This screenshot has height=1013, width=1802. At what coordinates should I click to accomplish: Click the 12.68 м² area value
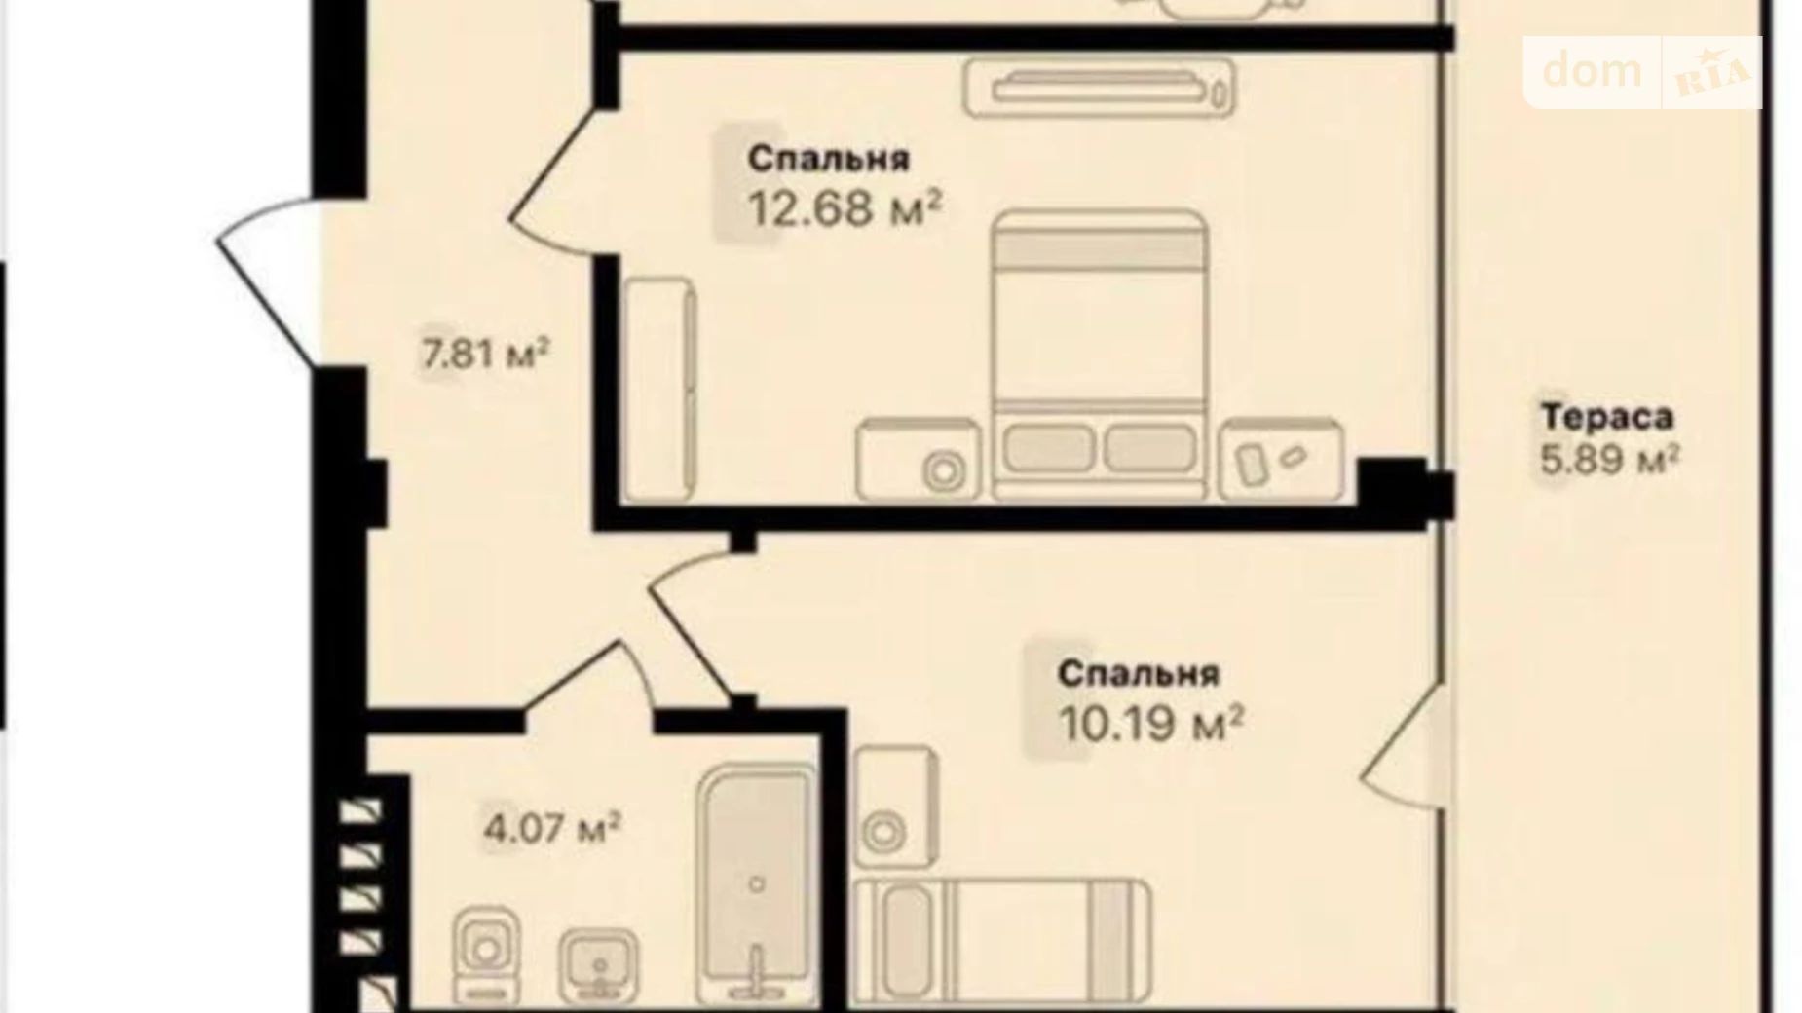coord(845,207)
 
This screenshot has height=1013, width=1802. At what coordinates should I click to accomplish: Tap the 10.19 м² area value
coord(1150,723)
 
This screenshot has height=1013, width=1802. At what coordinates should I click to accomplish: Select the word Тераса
coord(1607,417)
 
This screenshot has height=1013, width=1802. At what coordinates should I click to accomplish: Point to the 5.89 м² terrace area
coord(1610,460)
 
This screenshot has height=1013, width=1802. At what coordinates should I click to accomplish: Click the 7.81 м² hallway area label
coord(485,353)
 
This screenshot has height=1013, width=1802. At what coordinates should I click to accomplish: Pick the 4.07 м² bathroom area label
coord(552,828)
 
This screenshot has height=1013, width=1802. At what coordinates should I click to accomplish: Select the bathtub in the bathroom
coord(757,884)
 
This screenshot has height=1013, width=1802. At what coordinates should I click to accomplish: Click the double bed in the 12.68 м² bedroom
coord(1101,355)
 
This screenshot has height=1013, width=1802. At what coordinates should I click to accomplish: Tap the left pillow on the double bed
coord(1048,448)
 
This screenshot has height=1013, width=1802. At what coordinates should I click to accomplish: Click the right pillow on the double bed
coord(1149,448)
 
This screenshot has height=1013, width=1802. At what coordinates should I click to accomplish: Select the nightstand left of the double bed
coord(919,460)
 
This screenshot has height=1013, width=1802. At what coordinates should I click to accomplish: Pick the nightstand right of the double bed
coord(1282,460)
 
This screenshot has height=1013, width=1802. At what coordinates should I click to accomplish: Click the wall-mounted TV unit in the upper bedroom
coord(1100,89)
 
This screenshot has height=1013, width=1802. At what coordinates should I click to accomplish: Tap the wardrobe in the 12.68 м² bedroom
coord(659,390)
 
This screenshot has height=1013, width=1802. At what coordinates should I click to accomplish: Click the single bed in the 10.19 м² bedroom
coord(1002,941)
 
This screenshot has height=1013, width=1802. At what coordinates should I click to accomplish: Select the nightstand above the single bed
coord(896,807)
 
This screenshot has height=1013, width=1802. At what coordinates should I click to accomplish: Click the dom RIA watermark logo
coord(1643,72)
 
